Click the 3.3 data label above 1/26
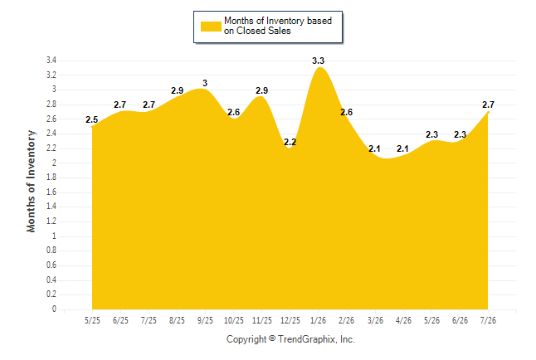point(318,61)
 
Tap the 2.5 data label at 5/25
point(91,119)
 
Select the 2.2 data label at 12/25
point(290,142)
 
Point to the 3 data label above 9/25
point(205,83)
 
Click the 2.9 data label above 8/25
point(177,90)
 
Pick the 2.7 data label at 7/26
point(488,105)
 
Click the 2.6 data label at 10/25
point(233,112)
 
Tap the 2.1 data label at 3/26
point(374,148)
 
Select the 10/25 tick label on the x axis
point(233,320)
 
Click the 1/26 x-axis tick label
point(318,320)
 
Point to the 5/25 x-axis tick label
point(92,320)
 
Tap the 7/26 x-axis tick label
point(488,320)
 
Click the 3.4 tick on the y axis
point(51,61)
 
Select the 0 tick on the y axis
point(54,309)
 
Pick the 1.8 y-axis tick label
point(51,178)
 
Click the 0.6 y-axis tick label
point(51,265)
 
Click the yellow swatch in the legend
point(211,27)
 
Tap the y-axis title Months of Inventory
point(31,181)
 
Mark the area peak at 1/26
point(319,67)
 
